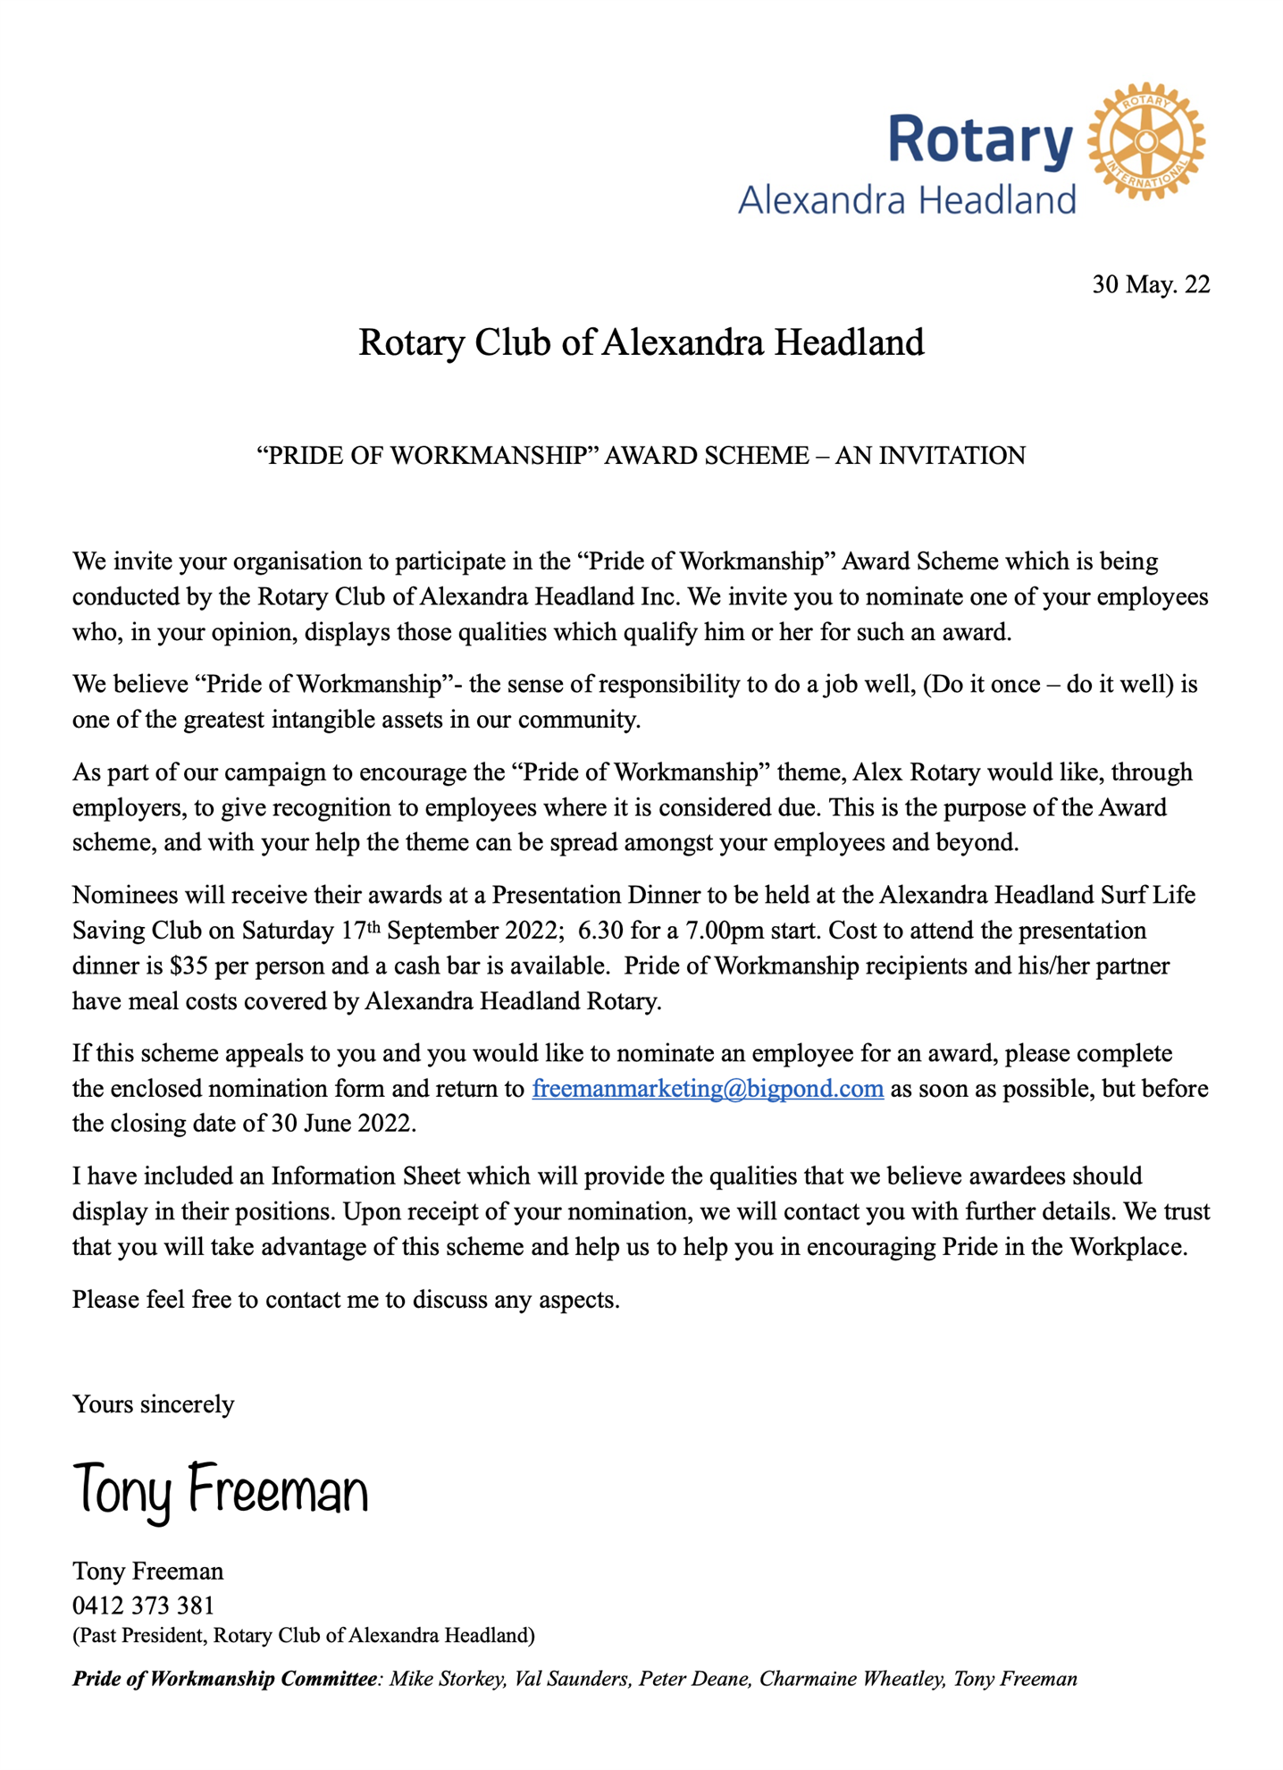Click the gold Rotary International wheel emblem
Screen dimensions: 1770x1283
coord(1146,141)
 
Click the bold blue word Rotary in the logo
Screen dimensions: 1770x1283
coord(980,141)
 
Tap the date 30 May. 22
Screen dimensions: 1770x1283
coord(1151,284)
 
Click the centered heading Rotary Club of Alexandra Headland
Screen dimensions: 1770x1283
coord(641,342)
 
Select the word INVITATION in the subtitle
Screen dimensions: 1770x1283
coord(952,455)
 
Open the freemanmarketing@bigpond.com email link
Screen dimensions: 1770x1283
coord(708,1089)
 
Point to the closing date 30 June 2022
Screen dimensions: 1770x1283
coord(342,1124)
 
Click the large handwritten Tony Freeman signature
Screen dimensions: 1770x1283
coord(220,1490)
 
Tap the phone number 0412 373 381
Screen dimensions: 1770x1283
coord(143,1606)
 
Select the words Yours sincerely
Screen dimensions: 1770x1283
coord(153,1404)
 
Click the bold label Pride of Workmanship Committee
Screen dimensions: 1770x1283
coord(224,1679)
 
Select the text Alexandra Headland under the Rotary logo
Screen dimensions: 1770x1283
coord(907,200)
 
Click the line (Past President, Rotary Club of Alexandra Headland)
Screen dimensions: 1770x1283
coord(304,1636)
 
